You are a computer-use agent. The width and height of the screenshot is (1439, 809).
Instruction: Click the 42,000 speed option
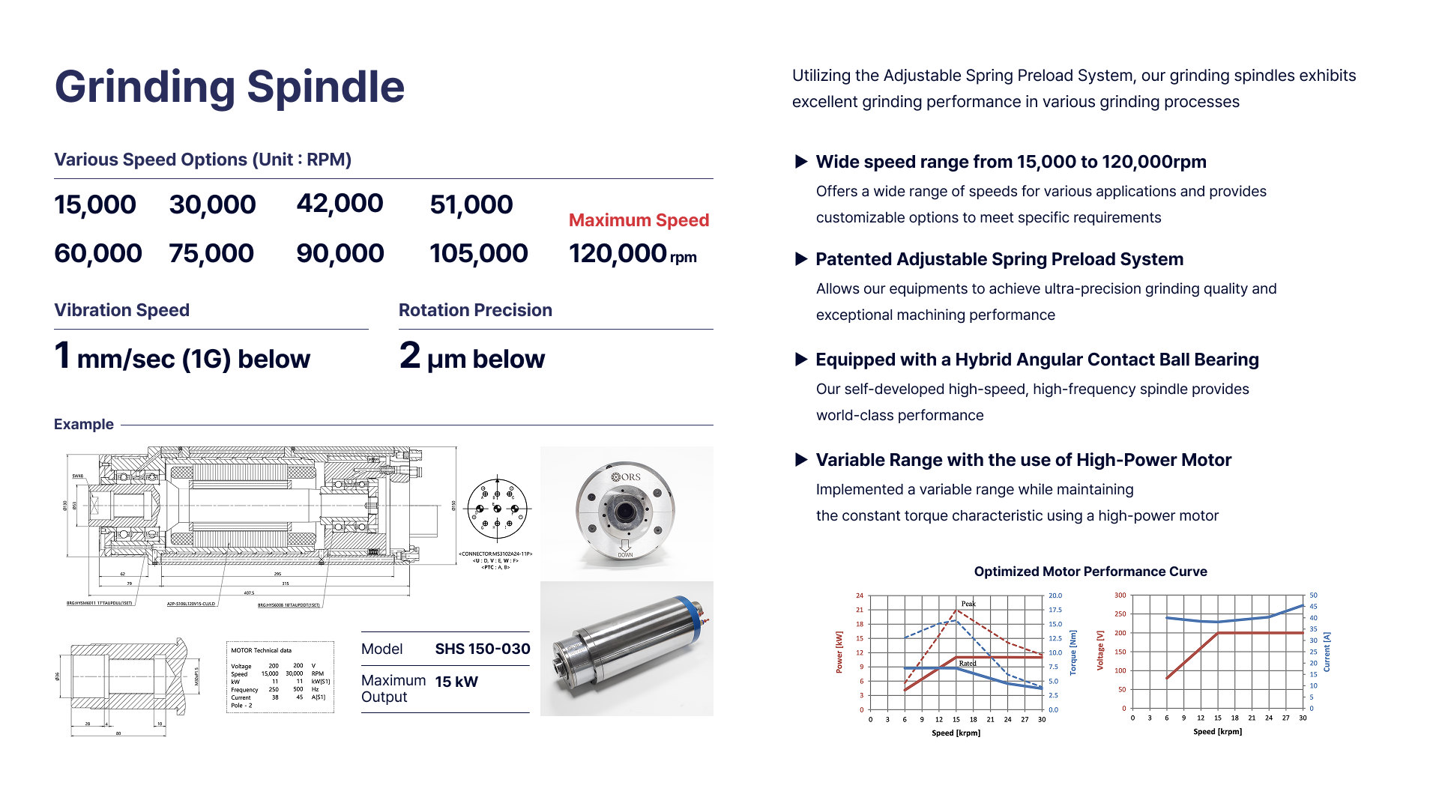(340, 204)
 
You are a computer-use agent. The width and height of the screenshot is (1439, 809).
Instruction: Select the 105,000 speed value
(478, 253)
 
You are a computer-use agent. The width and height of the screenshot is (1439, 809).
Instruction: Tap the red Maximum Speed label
(639, 220)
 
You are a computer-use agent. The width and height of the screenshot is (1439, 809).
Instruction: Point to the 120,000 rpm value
(632, 254)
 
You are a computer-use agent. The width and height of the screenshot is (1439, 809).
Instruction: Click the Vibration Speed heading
(121, 310)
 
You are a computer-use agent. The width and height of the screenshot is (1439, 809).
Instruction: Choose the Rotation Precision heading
(475, 310)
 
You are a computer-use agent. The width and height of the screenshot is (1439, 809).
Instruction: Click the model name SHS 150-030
(483, 649)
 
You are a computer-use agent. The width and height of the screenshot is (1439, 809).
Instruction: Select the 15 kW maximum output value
(456, 682)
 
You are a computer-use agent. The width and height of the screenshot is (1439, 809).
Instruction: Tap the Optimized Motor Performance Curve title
(1090, 572)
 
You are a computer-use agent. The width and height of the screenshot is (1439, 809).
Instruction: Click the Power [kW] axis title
(839, 652)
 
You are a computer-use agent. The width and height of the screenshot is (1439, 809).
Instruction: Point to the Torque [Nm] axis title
(1073, 652)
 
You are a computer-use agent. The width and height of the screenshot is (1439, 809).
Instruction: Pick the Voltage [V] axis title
(1100, 650)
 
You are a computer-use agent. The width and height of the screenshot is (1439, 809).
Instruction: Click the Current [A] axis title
(1327, 652)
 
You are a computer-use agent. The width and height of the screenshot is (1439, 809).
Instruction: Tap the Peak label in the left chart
(968, 604)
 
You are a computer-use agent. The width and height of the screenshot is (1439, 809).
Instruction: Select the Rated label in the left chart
(968, 664)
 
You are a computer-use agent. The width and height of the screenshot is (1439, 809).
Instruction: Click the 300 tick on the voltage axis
(1120, 596)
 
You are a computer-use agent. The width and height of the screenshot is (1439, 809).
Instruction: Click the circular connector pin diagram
(497, 509)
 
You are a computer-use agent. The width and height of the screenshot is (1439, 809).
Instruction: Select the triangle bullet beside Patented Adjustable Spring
(800, 259)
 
